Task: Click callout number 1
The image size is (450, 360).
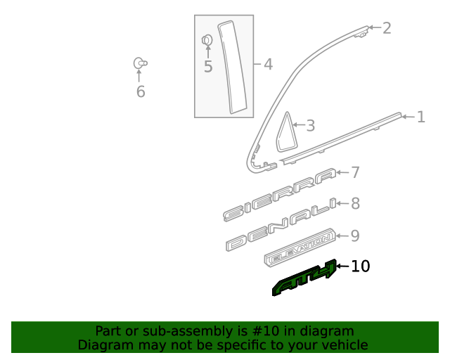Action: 420,117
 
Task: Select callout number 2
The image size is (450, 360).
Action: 386,28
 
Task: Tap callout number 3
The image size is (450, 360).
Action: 309,127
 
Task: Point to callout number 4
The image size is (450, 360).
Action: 267,65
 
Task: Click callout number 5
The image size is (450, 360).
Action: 207,67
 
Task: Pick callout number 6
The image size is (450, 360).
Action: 140,92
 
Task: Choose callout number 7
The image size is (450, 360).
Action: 355,172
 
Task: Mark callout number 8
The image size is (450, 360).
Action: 355,204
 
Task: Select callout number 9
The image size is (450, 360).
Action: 355,236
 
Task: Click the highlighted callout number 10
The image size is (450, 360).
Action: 359,266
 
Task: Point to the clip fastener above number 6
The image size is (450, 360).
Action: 140,63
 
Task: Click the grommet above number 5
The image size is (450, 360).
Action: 207,41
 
